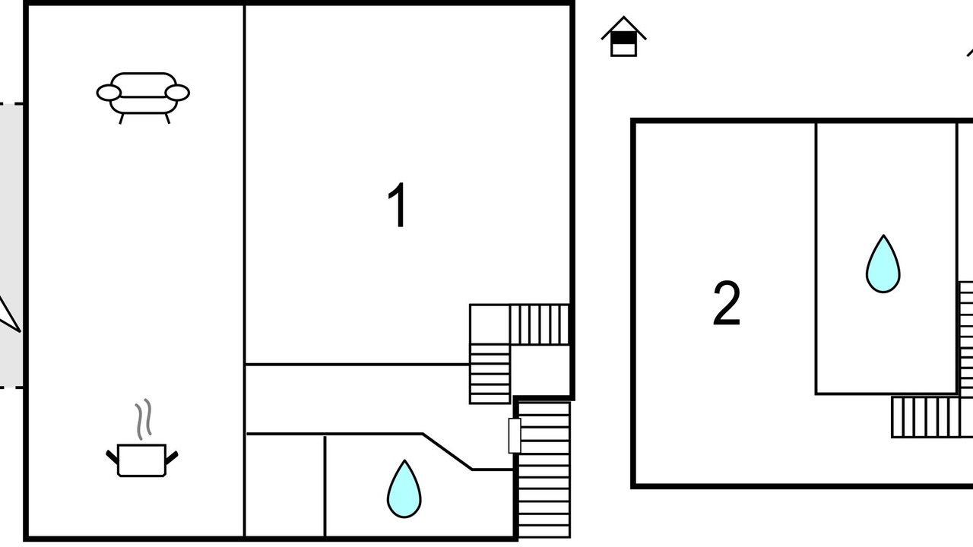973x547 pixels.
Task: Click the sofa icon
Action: pos(143,96)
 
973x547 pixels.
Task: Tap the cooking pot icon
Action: pos(142,460)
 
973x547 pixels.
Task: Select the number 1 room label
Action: pos(398,206)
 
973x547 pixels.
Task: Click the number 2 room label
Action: pos(726,304)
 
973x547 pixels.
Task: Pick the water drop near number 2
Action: pos(883,264)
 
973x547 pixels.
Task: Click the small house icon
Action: pos(623,38)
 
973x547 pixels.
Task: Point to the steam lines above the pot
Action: pos(143,419)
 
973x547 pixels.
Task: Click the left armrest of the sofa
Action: pos(109,93)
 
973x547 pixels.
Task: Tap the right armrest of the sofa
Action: pos(177,93)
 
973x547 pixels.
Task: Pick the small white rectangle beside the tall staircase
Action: pos(515,435)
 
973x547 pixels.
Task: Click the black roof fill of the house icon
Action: pos(623,36)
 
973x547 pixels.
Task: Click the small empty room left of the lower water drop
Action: pos(285,486)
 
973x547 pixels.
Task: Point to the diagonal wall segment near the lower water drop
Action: pos(447,451)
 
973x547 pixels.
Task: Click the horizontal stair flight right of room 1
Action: pos(538,324)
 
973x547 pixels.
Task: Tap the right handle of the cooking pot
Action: pos(172,457)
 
